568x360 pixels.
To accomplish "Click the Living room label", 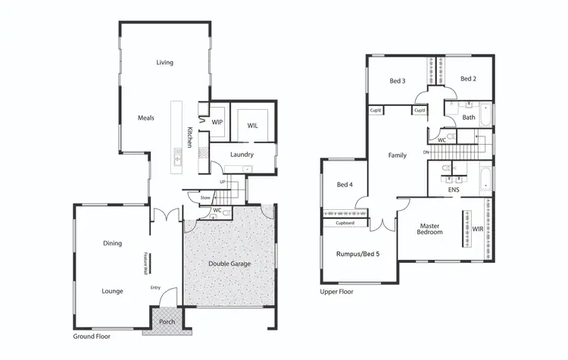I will pyautogui.click(x=165, y=62).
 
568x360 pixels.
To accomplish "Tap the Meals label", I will pyautogui.click(x=146, y=118).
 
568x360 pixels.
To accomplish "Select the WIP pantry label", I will pyautogui.click(x=217, y=122).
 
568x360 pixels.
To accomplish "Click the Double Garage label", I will pyautogui.click(x=229, y=264).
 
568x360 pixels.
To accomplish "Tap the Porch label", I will pyautogui.click(x=167, y=321).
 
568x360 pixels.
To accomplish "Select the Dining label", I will pyautogui.click(x=113, y=243).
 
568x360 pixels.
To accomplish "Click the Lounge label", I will pyautogui.click(x=113, y=290).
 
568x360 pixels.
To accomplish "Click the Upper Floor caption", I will pyautogui.click(x=337, y=291).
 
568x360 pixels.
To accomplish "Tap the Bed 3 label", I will pyautogui.click(x=398, y=80).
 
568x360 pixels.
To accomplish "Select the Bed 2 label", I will pyautogui.click(x=469, y=78).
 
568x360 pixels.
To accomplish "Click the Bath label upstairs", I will pyautogui.click(x=469, y=117).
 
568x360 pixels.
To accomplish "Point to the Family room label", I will pyautogui.click(x=397, y=155).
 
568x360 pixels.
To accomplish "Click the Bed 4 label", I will pyautogui.click(x=344, y=185).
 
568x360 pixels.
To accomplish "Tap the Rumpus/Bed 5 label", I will pyautogui.click(x=358, y=255).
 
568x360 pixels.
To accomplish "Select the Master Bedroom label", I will pyautogui.click(x=430, y=230).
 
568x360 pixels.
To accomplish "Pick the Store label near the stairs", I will pyautogui.click(x=205, y=198).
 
